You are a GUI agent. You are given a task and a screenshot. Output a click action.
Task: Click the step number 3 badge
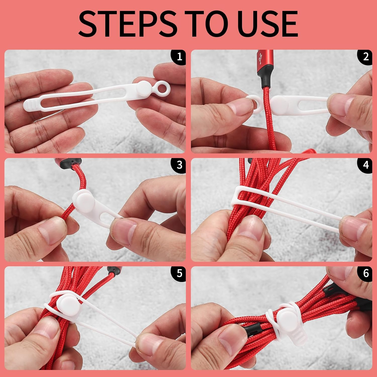tap(179, 165)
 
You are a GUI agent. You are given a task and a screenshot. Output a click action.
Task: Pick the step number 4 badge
tap(365, 165)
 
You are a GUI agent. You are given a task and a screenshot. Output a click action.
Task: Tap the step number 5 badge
tap(179, 273)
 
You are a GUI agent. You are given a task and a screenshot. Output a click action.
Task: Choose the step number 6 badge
tap(365, 273)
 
